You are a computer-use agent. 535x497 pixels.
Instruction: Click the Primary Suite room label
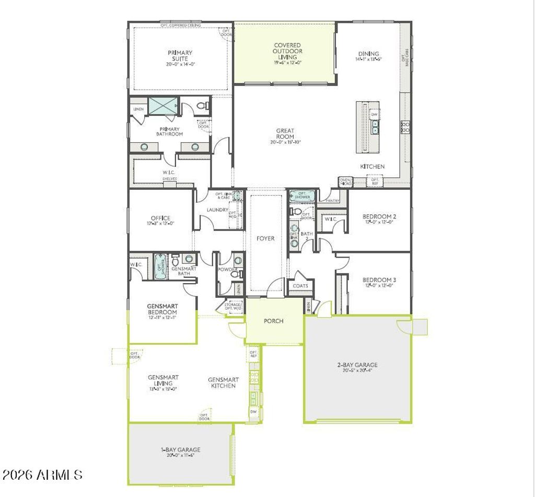[180, 56]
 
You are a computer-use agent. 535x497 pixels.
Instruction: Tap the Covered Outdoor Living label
[287, 51]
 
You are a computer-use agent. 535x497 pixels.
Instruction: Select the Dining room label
[368, 54]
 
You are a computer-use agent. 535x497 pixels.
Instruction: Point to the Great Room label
[285, 134]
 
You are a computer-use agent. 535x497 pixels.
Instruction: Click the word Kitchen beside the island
[372, 166]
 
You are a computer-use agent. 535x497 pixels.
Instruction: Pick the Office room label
[160, 218]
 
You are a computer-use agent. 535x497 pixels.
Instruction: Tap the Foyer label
[265, 238]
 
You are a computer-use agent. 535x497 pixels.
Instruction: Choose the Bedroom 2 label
[379, 216]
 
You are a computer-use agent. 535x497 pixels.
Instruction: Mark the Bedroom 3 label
[379, 280]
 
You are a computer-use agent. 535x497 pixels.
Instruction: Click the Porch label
[273, 321]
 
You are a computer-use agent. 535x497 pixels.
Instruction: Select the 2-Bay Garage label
[357, 365]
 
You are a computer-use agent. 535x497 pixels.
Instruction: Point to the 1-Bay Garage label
[180, 450]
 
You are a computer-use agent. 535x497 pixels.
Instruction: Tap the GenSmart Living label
[163, 380]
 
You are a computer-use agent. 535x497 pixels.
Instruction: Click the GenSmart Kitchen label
[223, 383]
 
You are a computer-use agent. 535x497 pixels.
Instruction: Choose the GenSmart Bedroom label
[162, 309]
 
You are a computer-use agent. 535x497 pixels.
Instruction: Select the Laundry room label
[217, 210]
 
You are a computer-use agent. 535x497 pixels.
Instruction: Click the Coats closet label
[300, 286]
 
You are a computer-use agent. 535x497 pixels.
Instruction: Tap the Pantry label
[333, 200]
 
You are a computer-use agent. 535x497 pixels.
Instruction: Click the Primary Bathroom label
[169, 131]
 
